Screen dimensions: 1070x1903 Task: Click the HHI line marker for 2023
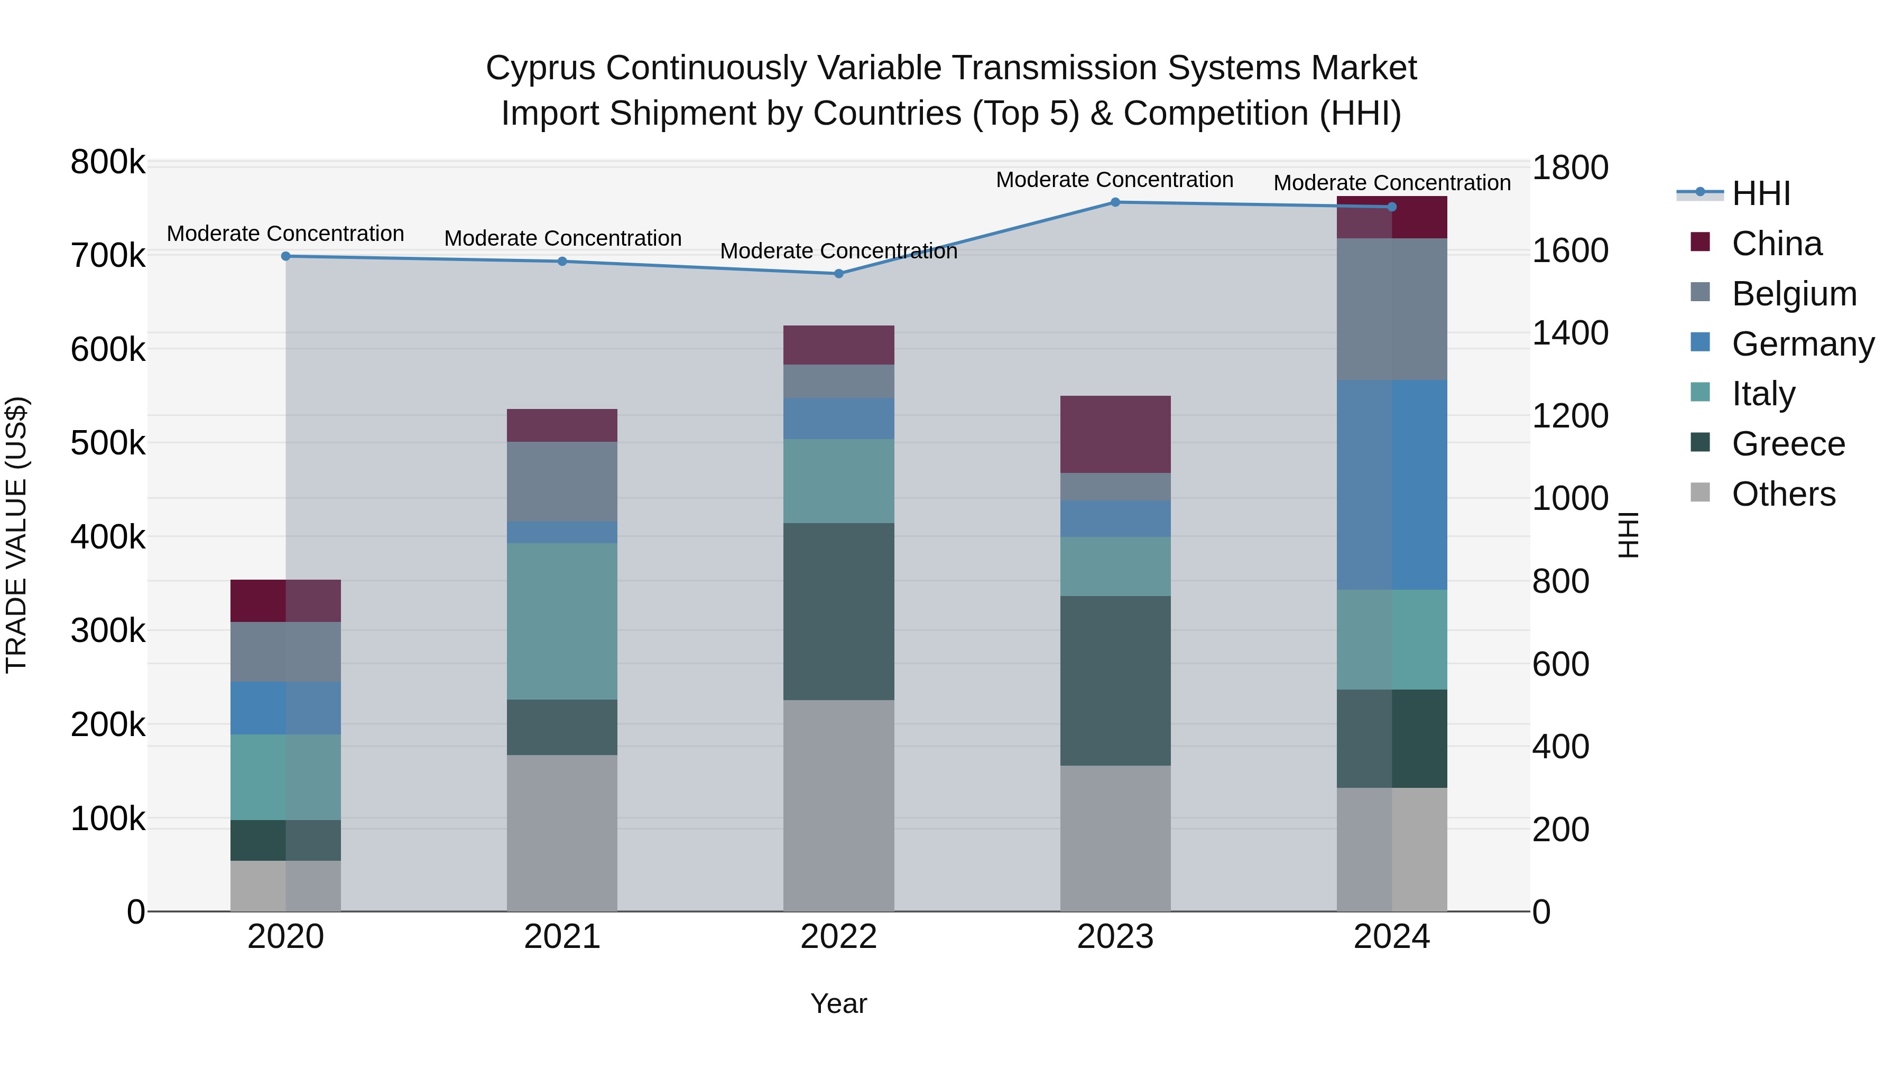coord(1115,202)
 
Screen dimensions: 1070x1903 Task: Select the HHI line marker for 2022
coord(838,274)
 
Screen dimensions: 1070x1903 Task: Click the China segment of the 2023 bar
coord(1115,434)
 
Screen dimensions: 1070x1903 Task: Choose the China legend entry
coord(1776,244)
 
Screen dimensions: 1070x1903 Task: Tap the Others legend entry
coord(1782,494)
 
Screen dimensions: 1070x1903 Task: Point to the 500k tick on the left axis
coord(108,443)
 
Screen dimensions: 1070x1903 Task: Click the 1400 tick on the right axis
coord(1570,333)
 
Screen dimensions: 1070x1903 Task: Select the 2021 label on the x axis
coord(562,937)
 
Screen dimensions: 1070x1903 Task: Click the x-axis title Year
coord(838,1003)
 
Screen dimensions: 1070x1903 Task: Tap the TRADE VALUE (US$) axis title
coord(17,535)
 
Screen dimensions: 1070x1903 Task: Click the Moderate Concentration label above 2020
coord(285,234)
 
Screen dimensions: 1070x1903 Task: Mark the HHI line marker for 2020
coord(286,256)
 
